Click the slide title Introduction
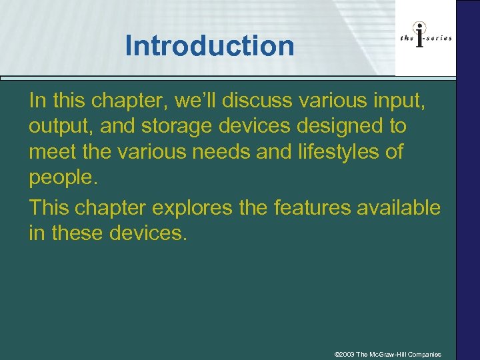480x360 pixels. [x=209, y=46]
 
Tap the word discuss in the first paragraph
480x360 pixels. [x=257, y=100]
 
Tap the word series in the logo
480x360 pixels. [x=439, y=38]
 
